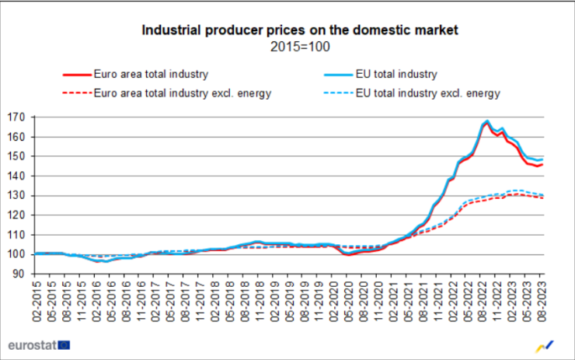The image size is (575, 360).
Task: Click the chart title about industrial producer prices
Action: coord(299,30)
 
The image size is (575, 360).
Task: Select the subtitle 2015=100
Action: coord(299,47)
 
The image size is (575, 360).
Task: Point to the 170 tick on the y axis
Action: coord(18,117)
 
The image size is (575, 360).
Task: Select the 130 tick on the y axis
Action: coord(18,195)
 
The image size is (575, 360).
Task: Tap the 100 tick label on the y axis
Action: coord(18,254)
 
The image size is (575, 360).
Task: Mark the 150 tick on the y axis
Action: coord(18,156)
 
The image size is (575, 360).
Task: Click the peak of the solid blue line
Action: coord(487,121)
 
